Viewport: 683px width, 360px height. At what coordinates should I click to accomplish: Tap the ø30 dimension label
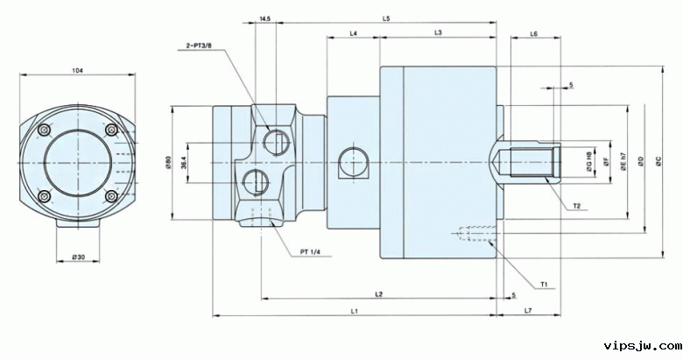point(78,257)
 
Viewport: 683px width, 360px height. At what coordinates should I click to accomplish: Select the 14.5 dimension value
point(265,18)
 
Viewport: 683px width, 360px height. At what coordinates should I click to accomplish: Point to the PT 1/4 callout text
point(311,252)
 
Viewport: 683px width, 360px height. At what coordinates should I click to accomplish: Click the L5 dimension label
point(386,18)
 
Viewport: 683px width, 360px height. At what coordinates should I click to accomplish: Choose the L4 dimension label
point(353,32)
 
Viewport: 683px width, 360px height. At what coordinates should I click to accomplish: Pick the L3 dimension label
point(438,32)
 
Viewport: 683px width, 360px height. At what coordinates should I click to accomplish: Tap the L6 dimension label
point(533,33)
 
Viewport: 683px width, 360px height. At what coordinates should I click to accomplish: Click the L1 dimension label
point(353,311)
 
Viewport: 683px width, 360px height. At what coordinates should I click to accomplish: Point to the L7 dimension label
point(528,311)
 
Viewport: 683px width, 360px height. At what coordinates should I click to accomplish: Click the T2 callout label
point(578,206)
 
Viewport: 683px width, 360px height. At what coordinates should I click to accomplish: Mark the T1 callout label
point(545,284)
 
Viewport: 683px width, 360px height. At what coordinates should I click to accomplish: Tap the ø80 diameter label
point(166,162)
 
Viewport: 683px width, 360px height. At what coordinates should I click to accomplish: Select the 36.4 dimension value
point(184,162)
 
